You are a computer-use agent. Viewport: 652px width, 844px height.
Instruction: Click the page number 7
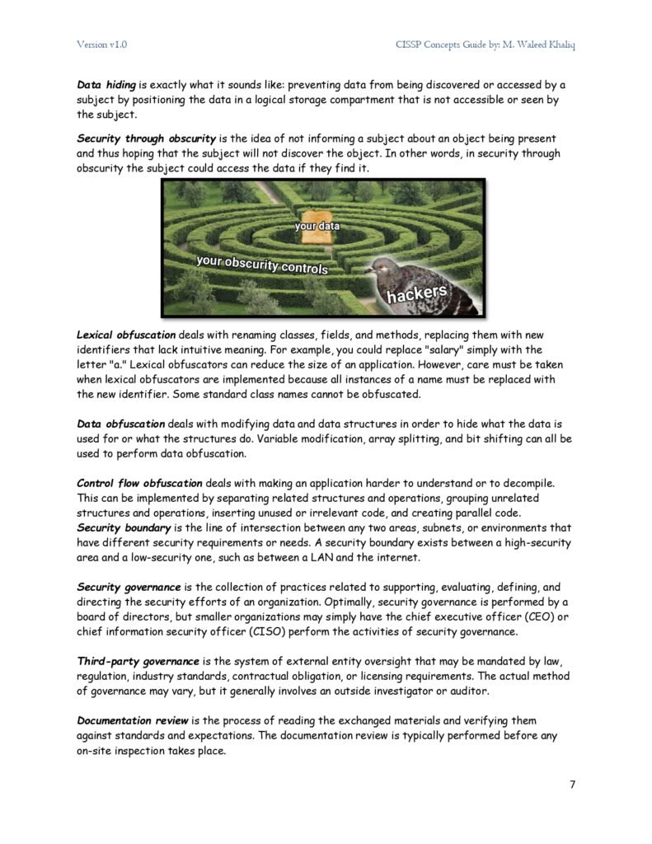pos(572,784)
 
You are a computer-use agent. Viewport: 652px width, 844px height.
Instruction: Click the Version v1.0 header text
pos(102,44)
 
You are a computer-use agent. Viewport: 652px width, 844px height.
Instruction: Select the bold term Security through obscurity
pos(147,138)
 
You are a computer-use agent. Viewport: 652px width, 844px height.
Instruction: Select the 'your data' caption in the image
pos(317,224)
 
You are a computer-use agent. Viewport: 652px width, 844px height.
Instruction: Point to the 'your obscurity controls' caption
pos(262,265)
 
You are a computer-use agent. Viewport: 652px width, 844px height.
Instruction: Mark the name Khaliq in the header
pos(557,44)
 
